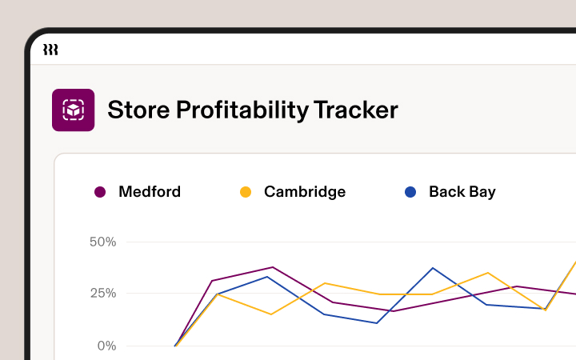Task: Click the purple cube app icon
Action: tap(73, 110)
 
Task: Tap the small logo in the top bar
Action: tap(50, 50)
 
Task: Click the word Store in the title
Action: tap(135, 110)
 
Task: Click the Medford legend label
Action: tap(150, 192)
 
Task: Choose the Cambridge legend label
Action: tap(305, 192)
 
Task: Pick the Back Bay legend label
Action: tap(462, 192)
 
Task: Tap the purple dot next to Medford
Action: tap(100, 192)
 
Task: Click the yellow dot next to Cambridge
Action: tap(246, 192)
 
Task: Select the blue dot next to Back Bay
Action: tap(410, 192)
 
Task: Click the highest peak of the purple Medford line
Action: tap(273, 267)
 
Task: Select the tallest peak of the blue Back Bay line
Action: tap(433, 268)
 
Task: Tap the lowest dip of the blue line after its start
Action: tap(377, 323)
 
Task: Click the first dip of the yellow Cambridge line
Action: tap(271, 314)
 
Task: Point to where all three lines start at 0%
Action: tap(175, 346)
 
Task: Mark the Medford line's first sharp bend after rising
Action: tap(212, 281)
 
